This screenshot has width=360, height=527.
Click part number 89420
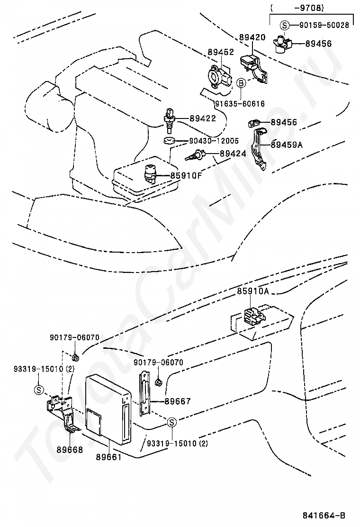coord(252,36)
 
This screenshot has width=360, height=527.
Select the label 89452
coord(221,52)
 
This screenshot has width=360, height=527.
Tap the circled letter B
coord(241,83)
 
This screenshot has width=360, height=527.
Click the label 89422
coord(203,118)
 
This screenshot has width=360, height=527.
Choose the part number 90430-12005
coord(214,141)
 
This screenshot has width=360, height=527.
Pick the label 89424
coord(233,154)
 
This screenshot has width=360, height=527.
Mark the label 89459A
coord(287,145)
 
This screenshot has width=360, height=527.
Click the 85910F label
coord(186,176)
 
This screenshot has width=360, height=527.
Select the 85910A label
coord(253,292)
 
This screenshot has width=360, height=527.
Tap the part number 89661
coord(108,457)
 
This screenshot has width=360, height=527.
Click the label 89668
coord(70,450)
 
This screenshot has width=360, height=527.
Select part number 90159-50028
coord(324,25)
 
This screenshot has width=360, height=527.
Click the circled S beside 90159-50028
coord(284,25)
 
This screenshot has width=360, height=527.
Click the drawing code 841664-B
coord(324,515)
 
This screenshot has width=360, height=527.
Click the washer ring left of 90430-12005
coord(169,141)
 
